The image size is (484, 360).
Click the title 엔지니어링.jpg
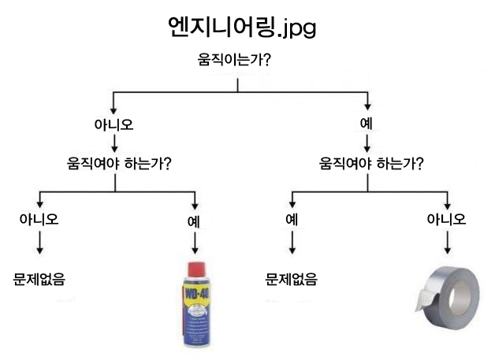242,27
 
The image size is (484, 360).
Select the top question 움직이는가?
234,60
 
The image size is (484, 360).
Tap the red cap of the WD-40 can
196,269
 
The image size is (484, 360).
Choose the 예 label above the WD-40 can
194,221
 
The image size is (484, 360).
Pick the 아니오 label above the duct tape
446,219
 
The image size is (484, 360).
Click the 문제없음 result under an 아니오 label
39,280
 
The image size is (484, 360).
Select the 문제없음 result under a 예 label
291,280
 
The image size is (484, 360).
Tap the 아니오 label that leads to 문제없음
39,219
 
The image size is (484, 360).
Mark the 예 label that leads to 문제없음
292,220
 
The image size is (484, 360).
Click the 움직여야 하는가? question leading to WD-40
119,163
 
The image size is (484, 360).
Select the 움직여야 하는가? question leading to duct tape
371,163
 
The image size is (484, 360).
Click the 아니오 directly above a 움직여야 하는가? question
114,124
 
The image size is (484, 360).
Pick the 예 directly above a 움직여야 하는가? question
367,124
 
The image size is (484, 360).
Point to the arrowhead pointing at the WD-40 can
195,251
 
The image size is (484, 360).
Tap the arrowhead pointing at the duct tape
447,251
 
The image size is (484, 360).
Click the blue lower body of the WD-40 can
197,324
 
